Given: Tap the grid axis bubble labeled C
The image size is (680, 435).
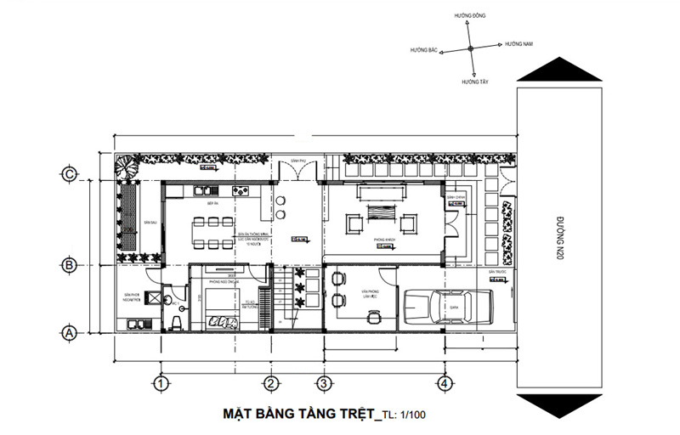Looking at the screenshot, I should tap(70, 175).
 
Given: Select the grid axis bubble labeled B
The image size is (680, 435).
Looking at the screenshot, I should tap(70, 264).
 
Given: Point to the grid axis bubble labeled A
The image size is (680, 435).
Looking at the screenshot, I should tap(70, 333).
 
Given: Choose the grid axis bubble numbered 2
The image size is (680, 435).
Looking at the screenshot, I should tap(270, 383).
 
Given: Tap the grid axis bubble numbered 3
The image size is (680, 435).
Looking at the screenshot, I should tap(322, 383).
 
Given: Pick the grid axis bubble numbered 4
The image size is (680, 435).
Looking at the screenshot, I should tap(442, 383).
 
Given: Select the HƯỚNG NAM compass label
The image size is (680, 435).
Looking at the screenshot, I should tap(518, 43).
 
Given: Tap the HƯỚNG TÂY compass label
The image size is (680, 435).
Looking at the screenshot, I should tap(475, 82).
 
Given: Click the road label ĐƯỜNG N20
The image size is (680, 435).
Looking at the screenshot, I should tap(559, 239).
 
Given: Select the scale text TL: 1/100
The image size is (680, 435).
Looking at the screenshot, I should tap(409, 415).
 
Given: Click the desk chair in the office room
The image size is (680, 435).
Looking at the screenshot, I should tap(372, 315).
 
